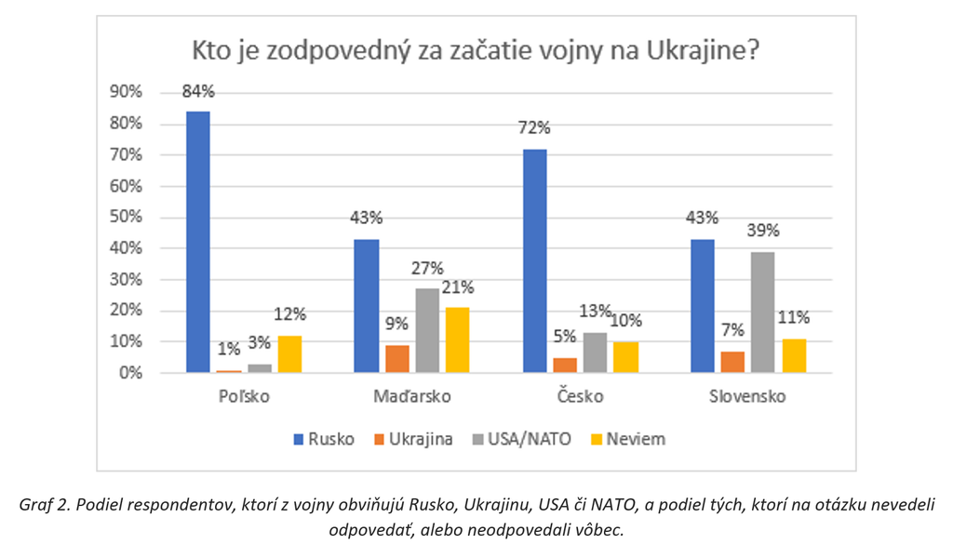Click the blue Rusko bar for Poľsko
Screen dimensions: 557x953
(x=198, y=242)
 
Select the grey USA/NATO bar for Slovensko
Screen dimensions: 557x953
(x=762, y=312)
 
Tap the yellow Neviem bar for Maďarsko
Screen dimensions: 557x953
(x=457, y=340)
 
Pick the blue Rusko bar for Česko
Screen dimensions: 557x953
(x=535, y=260)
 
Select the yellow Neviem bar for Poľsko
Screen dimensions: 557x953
(x=289, y=354)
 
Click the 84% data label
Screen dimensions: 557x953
(x=198, y=92)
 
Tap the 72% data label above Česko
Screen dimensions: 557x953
(x=535, y=128)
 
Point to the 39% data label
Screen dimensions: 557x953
(x=762, y=232)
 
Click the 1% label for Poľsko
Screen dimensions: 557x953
(x=229, y=350)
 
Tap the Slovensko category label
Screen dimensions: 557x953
(x=746, y=397)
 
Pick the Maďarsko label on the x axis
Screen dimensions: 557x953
(x=412, y=397)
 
